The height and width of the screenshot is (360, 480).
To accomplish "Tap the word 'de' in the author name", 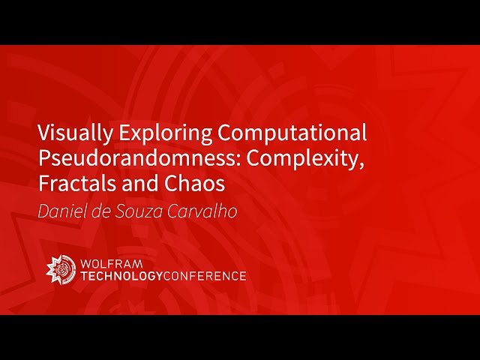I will click(97, 211).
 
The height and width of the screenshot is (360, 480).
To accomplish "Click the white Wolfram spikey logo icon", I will click(59, 268).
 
